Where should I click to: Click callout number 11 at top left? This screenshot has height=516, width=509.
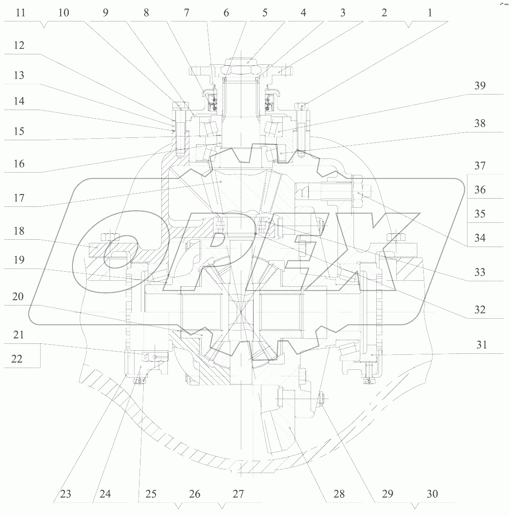[20, 13]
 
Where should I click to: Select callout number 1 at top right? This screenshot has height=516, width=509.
[429, 13]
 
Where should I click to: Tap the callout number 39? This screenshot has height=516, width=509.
[480, 86]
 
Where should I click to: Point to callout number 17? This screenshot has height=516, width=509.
[19, 198]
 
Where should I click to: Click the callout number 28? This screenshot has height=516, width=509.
[339, 494]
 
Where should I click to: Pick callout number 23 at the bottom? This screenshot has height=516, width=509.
[66, 494]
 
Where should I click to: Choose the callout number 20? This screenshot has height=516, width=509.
[18, 297]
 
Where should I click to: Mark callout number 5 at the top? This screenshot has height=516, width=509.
[265, 13]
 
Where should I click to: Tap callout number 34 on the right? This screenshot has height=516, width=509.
[480, 238]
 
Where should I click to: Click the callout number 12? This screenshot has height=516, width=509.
[19, 46]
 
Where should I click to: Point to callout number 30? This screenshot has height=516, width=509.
[432, 494]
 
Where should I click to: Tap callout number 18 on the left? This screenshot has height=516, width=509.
[19, 231]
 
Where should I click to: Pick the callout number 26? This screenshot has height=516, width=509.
[195, 494]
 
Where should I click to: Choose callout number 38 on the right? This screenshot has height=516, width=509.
[480, 123]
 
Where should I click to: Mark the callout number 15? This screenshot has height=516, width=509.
[19, 132]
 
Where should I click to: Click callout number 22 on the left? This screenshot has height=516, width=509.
[16, 359]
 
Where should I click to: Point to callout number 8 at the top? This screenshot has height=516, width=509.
[146, 13]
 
